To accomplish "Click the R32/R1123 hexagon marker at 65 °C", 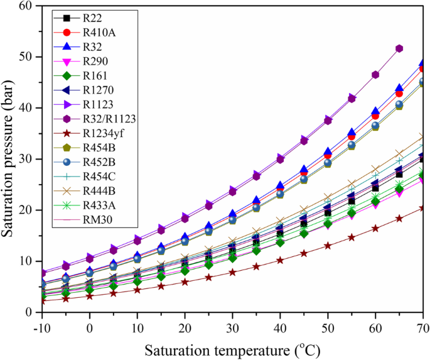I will [x=399, y=48].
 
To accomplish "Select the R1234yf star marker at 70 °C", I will [x=422, y=208].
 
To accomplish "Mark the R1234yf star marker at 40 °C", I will [x=280, y=260].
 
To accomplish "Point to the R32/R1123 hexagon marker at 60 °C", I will [x=375, y=75].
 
